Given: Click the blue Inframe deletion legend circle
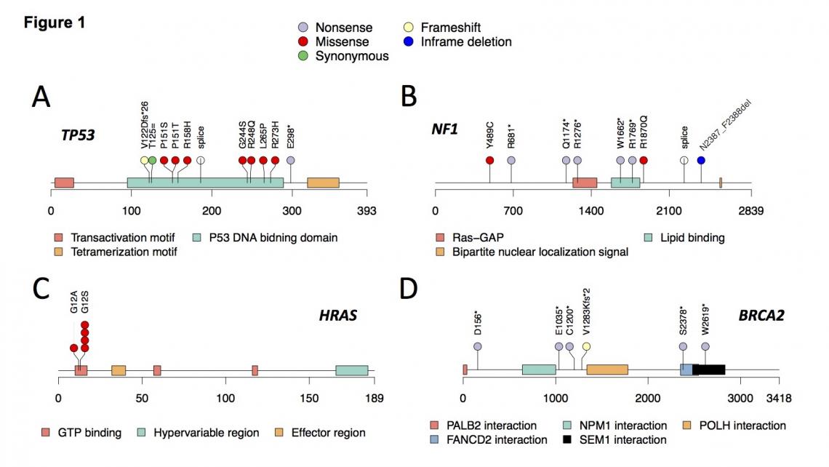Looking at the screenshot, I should (x=407, y=41).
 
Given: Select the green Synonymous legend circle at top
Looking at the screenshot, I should (x=303, y=55).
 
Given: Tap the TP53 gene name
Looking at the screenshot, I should (x=79, y=135).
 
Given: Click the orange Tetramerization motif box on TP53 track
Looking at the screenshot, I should (x=323, y=183).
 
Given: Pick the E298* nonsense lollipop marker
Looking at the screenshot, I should (x=291, y=160).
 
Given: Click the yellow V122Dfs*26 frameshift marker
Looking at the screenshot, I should (x=144, y=160).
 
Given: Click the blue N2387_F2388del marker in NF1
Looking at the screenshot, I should (x=701, y=160).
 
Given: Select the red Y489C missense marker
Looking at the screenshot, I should (x=489, y=160).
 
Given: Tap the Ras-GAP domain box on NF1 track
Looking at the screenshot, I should (x=585, y=183).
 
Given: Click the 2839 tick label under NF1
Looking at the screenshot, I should (x=750, y=212).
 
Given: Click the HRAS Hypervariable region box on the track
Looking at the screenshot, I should (x=351, y=370).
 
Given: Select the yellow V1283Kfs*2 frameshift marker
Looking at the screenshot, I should (x=586, y=346).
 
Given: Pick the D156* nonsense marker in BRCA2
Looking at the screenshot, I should (x=478, y=346).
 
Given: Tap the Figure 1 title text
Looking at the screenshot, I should (x=55, y=23).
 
